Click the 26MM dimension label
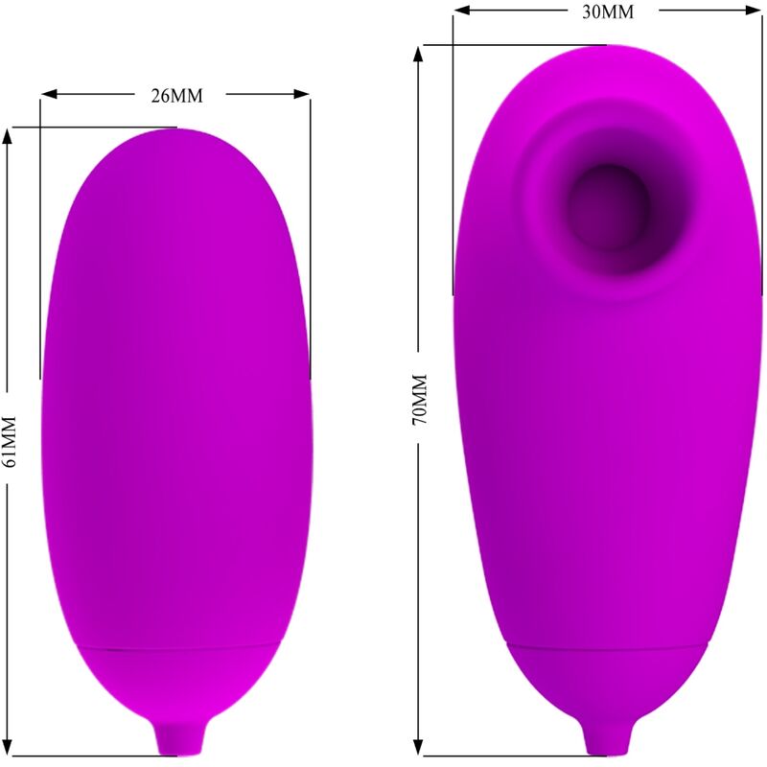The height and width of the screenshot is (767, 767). pos(176,96)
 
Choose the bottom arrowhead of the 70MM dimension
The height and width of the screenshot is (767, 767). pos(418,747)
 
